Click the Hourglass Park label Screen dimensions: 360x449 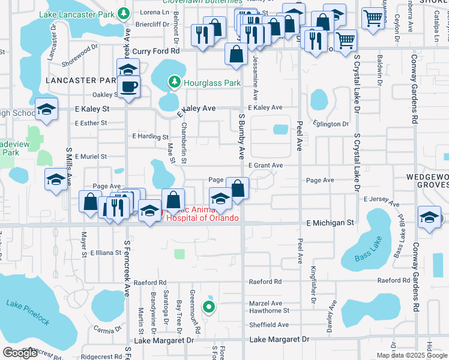(212, 83)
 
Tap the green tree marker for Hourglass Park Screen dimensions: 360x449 (174, 81)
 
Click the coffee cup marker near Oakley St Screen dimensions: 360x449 (128, 87)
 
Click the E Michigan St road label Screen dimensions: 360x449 (330, 223)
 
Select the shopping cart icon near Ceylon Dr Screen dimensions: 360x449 (374, 20)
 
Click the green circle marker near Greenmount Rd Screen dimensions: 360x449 (209, 308)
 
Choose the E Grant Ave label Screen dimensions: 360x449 (265, 166)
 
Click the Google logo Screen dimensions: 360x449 (20, 353)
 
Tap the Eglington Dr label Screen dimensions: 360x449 (331, 124)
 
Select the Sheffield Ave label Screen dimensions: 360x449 (269, 325)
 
